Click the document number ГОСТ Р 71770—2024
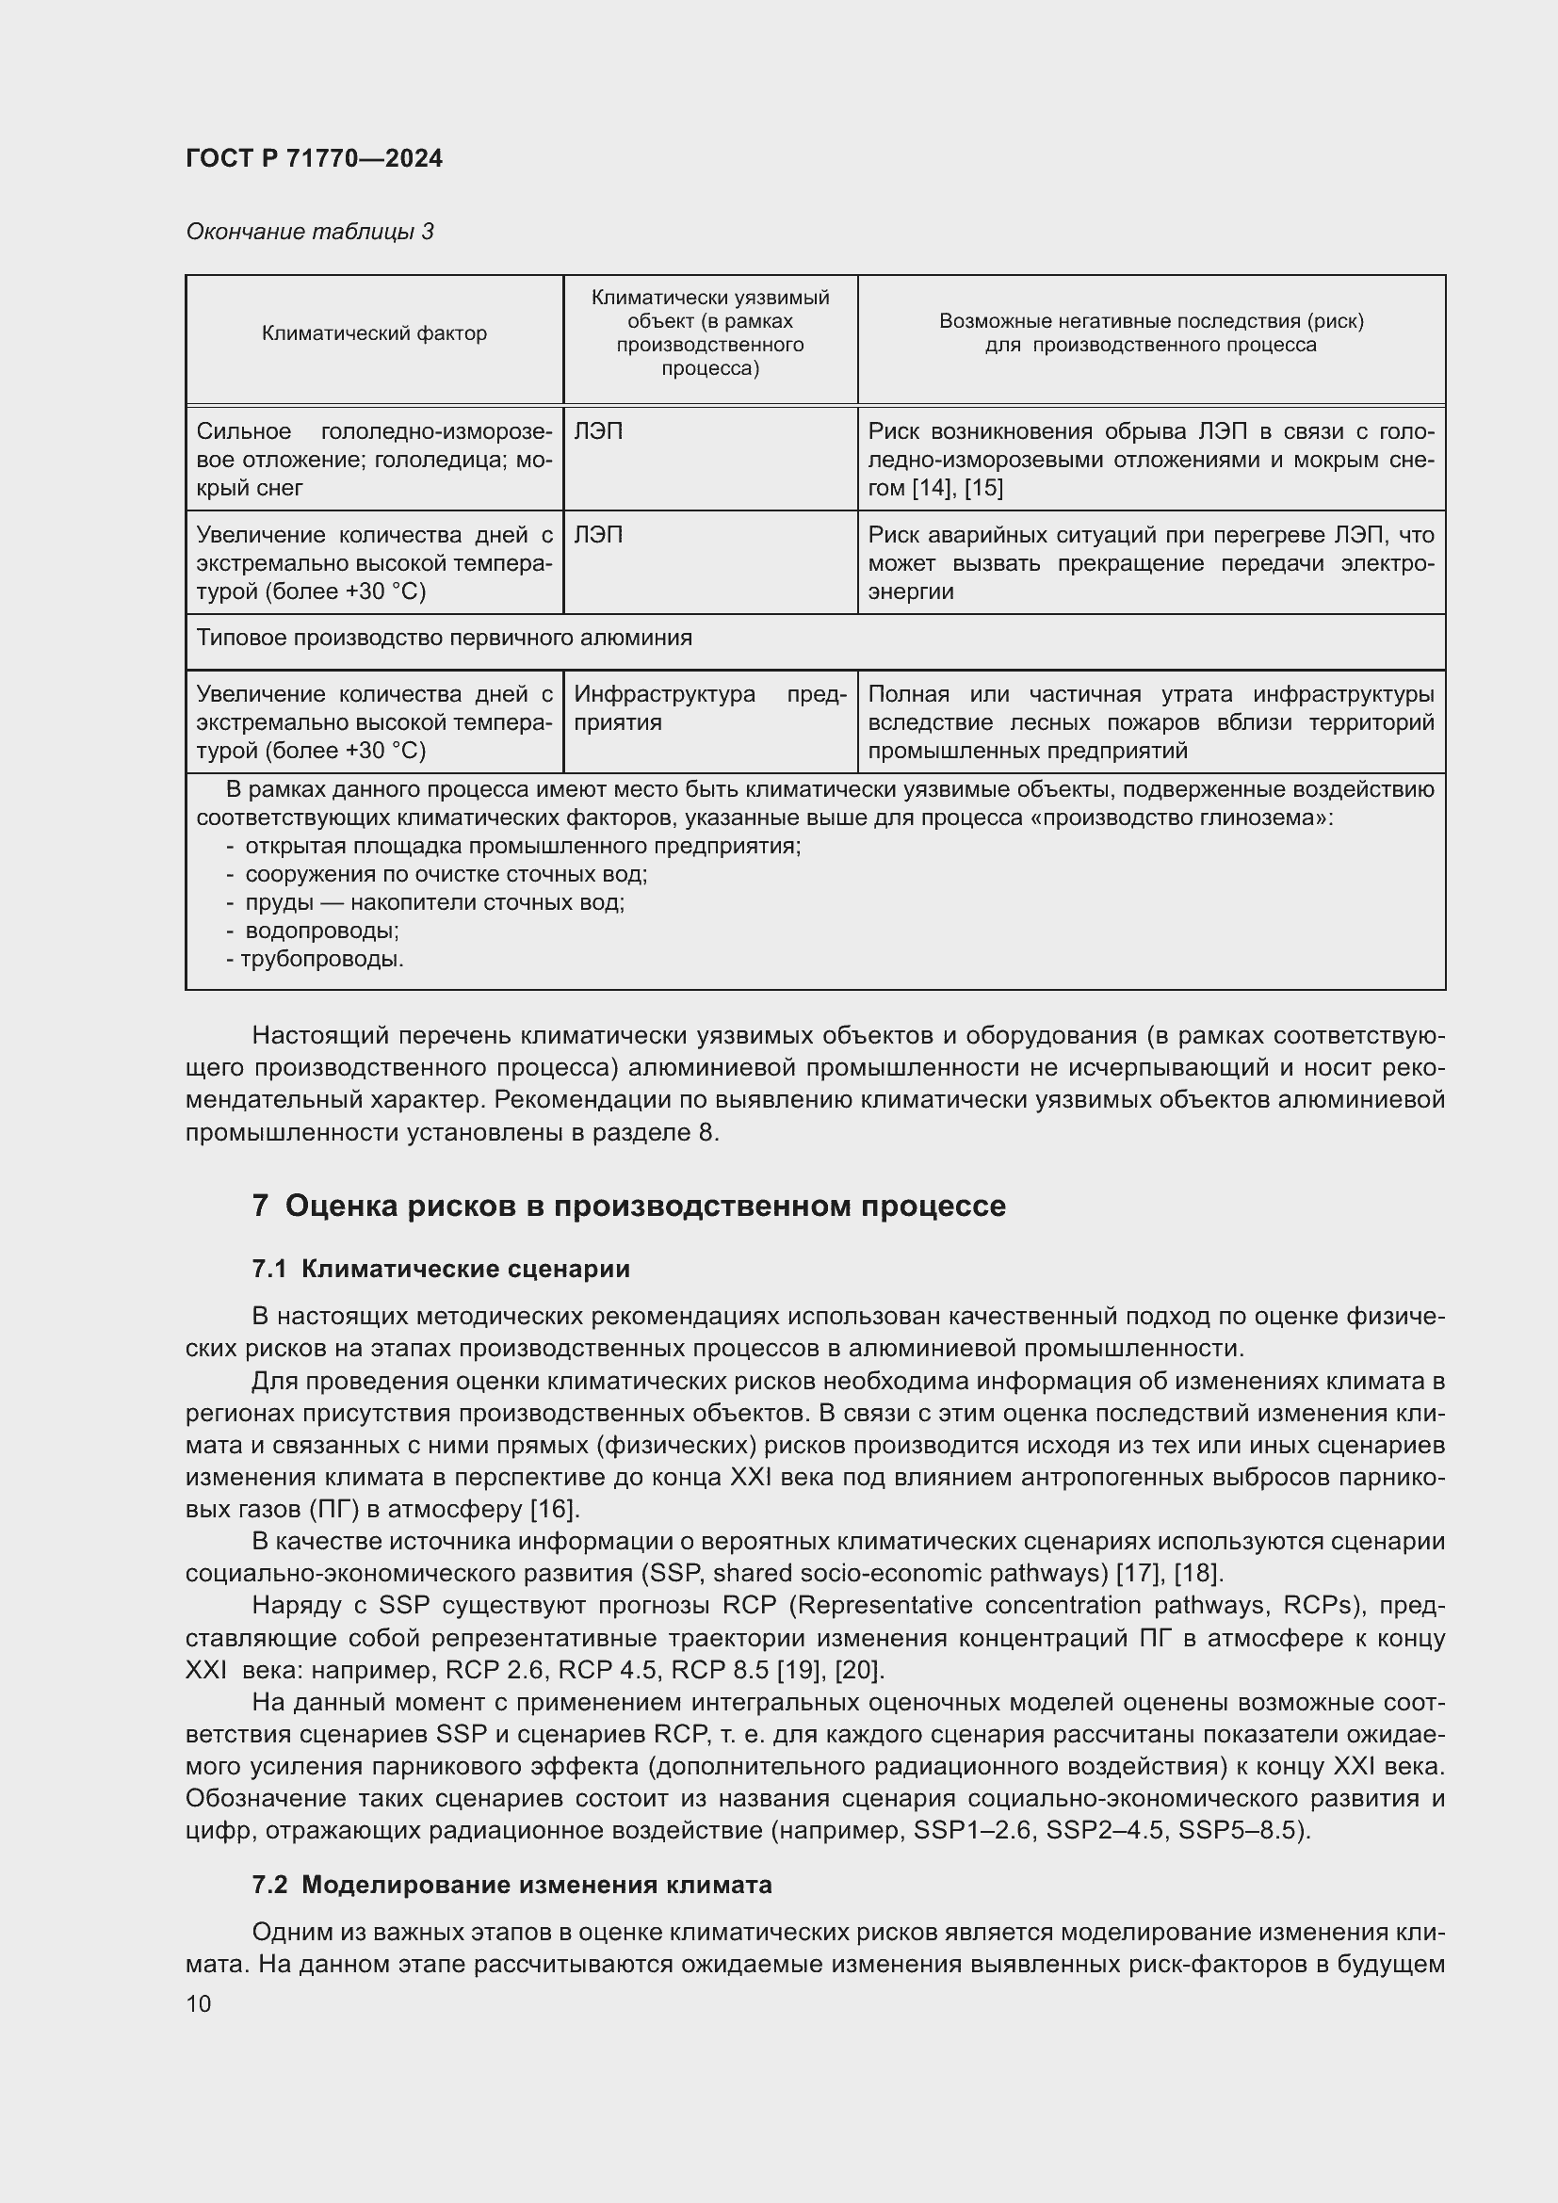[x=314, y=158]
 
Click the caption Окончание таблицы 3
[x=309, y=232]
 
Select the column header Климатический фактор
[x=374, y=334]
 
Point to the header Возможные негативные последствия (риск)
[x=1150, y=321]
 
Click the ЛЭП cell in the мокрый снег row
[x=598, y=431]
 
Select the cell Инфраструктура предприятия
[x=709, y=707]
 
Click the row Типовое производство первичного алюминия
[x=444, y=638]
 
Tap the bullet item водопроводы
[x=321, y=930]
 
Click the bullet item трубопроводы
[x=321, y=959]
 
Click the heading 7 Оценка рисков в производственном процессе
[x=628, y=1207]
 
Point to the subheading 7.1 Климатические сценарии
[x=440, y=1269]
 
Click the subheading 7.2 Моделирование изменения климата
[x=511, y=1886]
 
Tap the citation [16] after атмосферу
[x=553, y=1509]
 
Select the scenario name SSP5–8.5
[x=1240, y=1830]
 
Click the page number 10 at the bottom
[x=199, y=2003]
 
